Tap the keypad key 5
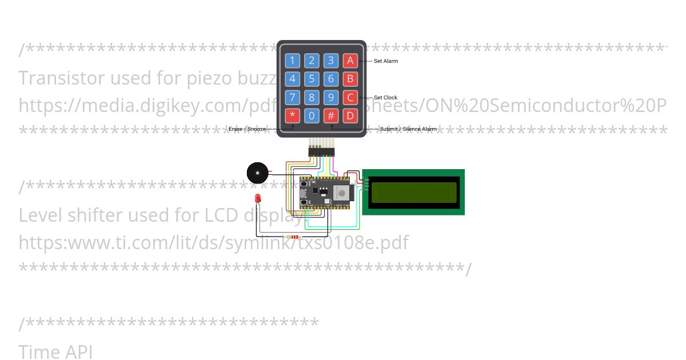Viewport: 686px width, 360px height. [x=312, y=79]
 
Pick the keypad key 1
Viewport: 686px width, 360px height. [x=293, y=61]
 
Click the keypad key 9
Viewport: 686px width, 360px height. [x=331, y=97]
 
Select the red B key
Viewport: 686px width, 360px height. [x=350, y=79]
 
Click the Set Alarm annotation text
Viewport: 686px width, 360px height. [x=386, y=61]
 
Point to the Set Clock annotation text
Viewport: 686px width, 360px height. [x=385, y=98]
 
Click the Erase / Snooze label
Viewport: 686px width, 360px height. [x=248, y=129]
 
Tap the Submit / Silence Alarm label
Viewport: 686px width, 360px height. [x=408, y=129]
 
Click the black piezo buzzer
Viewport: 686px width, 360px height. [x=257, y=173]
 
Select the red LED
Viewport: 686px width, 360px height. [x=258, y=199]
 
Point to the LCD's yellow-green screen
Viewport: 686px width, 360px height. [x=414, y=193]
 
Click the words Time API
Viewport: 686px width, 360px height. [x=55, y=351]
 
